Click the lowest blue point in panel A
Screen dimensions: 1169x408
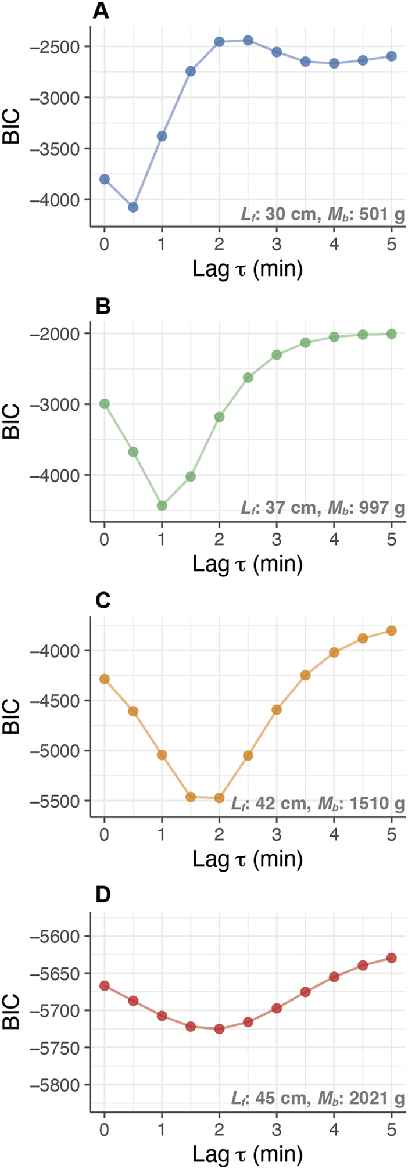tap(133, 207)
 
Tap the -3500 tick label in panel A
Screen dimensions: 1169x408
tap(58, 148)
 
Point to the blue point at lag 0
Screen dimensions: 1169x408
tap(105, 179)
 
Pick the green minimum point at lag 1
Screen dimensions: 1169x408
tap(162, 505)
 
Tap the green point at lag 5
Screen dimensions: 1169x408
tap(391, 334)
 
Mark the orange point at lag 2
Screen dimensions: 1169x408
tap(219, 798)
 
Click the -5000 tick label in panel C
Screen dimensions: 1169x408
tap(58, 750)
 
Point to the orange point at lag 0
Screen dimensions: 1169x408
tap(105, 679)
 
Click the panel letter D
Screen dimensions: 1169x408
tap(102, 894)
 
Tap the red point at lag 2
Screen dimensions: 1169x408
tap(219, 1028)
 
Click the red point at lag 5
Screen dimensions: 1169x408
tap(391, 958)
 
